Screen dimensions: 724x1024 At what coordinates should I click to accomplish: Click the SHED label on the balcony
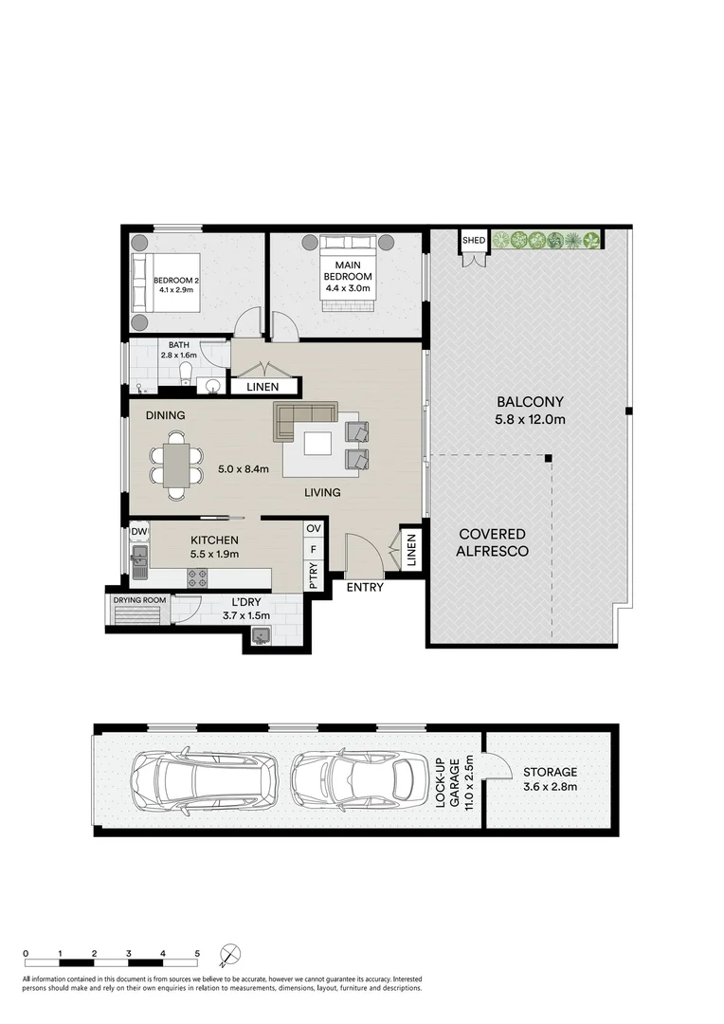tap(474, 240)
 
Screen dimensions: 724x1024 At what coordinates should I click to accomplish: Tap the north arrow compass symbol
tap(230, 955)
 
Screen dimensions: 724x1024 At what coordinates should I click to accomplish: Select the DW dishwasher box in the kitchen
tap(139, 532)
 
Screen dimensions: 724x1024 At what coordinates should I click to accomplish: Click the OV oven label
tap(314, 528)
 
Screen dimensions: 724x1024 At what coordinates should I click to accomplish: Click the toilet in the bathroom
tap(186, 375)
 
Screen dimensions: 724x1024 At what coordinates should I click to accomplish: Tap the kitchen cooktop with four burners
tap(198, 576)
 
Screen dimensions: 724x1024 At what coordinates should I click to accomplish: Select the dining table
tap(176, 465)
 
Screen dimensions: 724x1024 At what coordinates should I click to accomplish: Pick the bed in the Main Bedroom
tap(347, 274)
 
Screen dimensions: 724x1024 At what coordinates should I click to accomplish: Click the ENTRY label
tap(365, 587)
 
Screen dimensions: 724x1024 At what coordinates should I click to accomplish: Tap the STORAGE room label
tap(550, 773)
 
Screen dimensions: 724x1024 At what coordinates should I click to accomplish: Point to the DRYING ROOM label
tap(139, 599)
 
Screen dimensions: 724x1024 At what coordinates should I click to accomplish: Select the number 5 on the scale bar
tap(197, 954)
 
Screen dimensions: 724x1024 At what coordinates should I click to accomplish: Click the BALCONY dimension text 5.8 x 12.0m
tap(530, 419)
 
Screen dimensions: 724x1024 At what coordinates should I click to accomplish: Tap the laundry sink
tap(261, 634)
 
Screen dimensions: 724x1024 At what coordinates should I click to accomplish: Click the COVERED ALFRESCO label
tap(492, 542)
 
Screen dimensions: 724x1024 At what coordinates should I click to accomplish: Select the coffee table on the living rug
tap(317, 444)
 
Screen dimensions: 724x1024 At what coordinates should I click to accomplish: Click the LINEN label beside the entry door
tap(411, 550)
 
